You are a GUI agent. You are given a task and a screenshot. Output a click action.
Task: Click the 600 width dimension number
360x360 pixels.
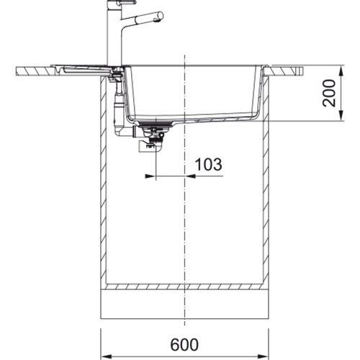[184, 344]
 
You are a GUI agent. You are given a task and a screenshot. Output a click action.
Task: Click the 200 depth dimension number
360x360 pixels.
[329, 93]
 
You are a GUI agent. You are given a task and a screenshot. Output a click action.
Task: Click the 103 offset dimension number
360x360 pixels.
[208, 165]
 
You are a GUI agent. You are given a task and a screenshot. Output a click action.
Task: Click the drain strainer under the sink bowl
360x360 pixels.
[156, 124]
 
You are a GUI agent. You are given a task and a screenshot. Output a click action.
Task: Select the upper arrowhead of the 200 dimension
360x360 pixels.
[341, 71]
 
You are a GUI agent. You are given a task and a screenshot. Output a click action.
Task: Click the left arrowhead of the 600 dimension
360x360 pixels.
[106, 356]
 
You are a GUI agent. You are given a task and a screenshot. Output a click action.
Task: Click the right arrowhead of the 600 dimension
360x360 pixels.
[263, 356]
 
